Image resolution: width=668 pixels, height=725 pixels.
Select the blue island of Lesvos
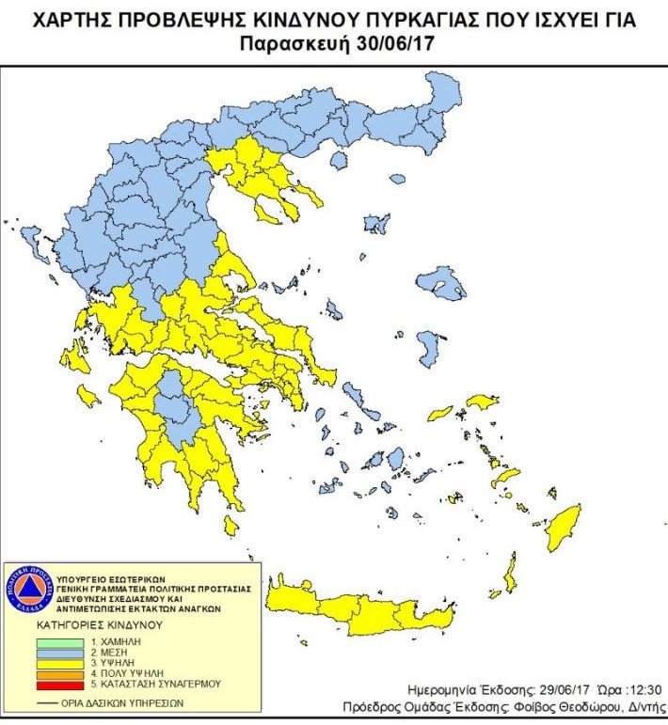click(441, 281)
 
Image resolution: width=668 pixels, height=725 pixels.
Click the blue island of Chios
click(427, 349)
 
